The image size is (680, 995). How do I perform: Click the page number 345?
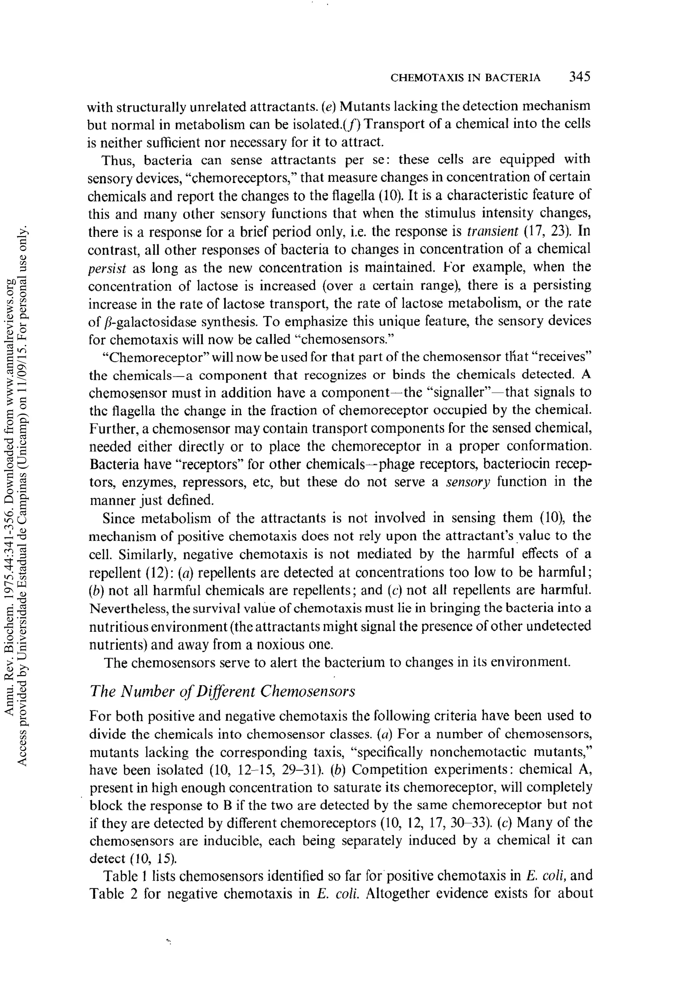[579, 77]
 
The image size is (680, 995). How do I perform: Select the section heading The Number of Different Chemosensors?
[223, 691]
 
